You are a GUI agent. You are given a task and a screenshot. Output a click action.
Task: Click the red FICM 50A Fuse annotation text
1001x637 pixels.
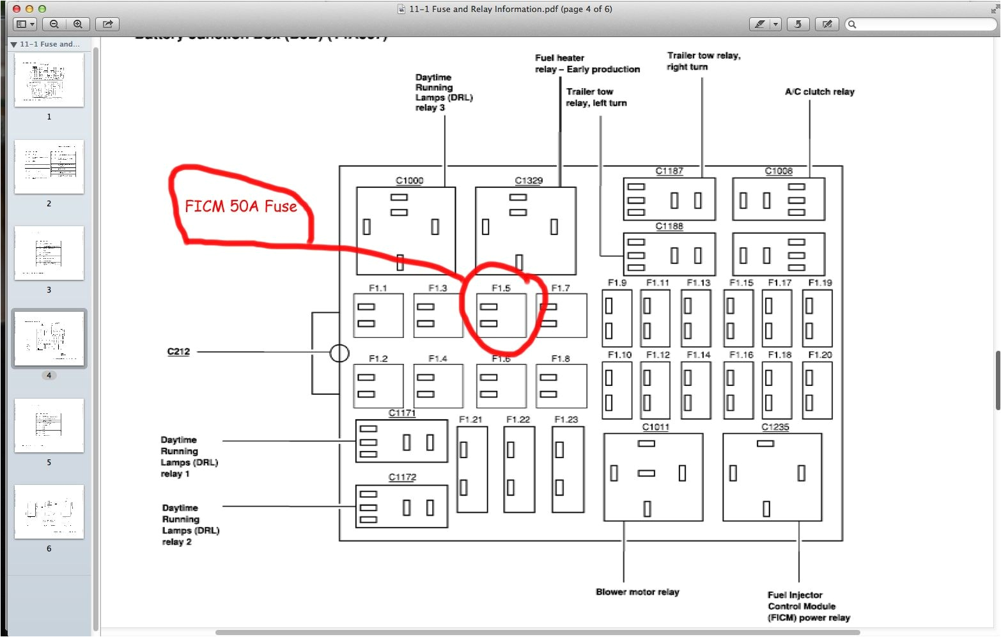tap(241, 206)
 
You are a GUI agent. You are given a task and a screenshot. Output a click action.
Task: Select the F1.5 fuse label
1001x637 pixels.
tap(501, 288)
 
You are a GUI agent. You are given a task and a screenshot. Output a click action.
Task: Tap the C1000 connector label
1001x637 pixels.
tap(409, 181)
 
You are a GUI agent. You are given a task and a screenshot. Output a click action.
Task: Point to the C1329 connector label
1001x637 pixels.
tap(529, 181)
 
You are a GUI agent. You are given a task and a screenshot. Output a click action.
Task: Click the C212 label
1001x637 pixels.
tap(178, 351)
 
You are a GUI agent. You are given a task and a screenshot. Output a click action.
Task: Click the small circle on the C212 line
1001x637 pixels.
tap(339, 353)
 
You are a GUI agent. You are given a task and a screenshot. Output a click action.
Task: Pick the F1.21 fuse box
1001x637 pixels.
tap(472, 469)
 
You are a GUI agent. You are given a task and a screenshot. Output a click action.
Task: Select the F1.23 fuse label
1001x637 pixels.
tap(566, 419)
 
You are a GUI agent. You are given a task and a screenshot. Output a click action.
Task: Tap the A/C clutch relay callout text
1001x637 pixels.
tap(819, 92)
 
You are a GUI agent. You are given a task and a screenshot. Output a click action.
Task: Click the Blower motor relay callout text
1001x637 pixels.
tap(637, 592)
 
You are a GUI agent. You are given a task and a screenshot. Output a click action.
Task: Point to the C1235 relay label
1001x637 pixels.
tap(775, 427)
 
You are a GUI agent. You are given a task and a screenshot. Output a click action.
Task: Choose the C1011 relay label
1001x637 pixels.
tap(656, 427)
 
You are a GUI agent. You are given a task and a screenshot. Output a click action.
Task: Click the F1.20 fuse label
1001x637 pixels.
tap(820, 355)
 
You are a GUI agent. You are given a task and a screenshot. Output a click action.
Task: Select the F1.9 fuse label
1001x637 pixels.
tap(617, 282)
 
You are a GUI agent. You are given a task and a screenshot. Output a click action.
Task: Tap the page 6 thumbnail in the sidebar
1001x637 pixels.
tap(49, 512)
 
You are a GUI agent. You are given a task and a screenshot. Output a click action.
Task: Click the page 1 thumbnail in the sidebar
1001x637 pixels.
tap(49, 80)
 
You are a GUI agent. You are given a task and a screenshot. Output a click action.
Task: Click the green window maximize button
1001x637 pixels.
tap(42, 9)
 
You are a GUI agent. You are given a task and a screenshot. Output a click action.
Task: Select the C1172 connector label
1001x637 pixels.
tap(402, 477)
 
